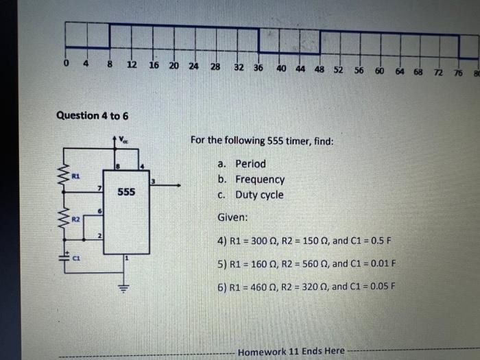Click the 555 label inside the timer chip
pyautogui.click(x=125, y=192)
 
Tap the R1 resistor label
pyautogui.click(x=76, y=176)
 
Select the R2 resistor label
pyautogui.click(x=76, y=219)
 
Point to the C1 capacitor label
pyautogui.click(x=78, y=259)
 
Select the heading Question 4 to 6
pyautogui.click(x=92, y=115)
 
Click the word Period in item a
pyautogui.click(x=250, y=164)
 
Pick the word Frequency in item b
pyautogui.click(x=260, y=180)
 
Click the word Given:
pyautogui.click(x=233, y=217)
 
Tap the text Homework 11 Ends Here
pyautogui.click(x=291, y=351)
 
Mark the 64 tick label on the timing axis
pyautogui.click(x=400, y=71)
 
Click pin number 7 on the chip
pyautogui.click(x=99, y=187)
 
